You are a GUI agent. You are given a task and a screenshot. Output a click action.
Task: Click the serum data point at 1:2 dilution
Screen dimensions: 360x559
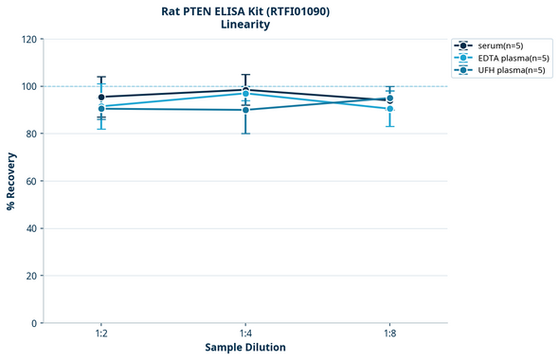click(101, 97)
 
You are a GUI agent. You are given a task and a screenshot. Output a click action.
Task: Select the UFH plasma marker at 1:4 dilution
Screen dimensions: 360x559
click(245, 110)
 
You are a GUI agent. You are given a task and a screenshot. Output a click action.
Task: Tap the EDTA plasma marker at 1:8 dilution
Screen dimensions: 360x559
click(389, 109)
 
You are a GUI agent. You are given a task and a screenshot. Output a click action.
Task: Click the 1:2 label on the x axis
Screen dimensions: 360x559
click(101, 334)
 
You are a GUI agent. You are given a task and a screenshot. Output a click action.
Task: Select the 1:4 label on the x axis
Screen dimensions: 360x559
click(245, 334)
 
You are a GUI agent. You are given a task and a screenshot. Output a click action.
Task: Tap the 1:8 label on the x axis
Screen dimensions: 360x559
click(389, 334)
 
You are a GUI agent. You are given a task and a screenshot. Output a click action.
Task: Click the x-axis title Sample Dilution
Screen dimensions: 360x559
click(245, 348)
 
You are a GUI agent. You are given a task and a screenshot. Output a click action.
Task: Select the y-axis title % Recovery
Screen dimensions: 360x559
click(11, 180)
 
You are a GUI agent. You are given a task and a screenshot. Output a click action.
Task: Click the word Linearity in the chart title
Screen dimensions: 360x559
click(244, 25)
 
